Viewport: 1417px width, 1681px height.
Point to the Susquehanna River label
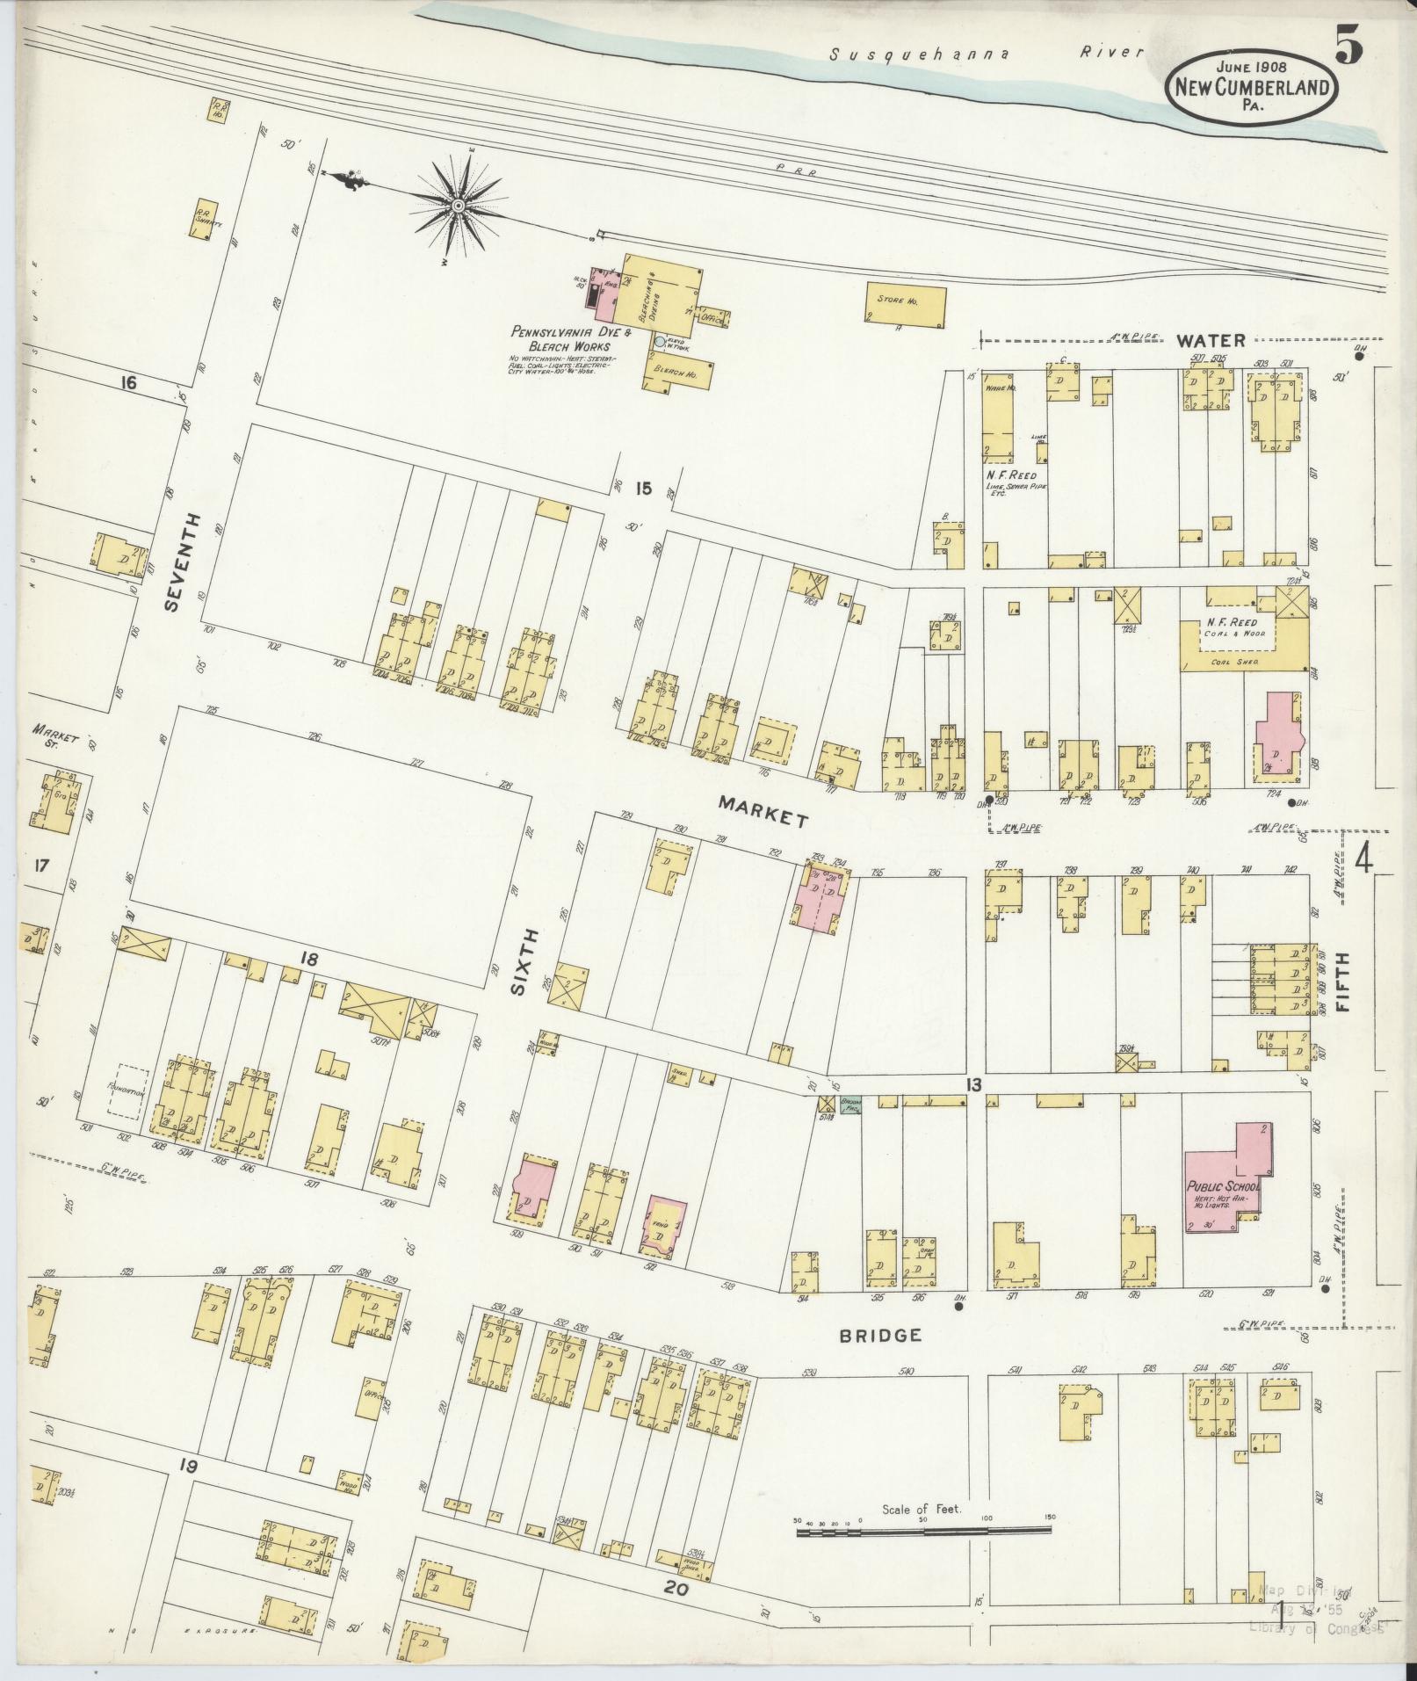987,53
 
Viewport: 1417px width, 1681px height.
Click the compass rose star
458,206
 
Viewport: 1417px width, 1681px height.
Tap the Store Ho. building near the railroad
907,304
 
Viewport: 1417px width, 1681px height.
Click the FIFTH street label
1342,981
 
